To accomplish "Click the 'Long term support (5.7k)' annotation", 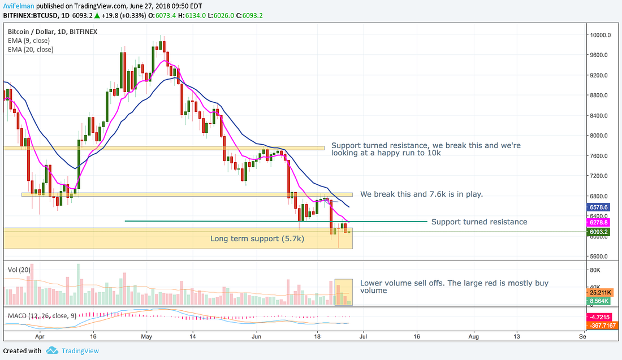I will (257, 239).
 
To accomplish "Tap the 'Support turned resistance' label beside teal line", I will (479, 222).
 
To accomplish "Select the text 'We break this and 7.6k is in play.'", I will (421, 194).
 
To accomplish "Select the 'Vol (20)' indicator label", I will (19, 270).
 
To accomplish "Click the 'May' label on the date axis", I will (146, 334).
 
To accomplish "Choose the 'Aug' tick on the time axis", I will (474, 334).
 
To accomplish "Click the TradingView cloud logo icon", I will (52, 351).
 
